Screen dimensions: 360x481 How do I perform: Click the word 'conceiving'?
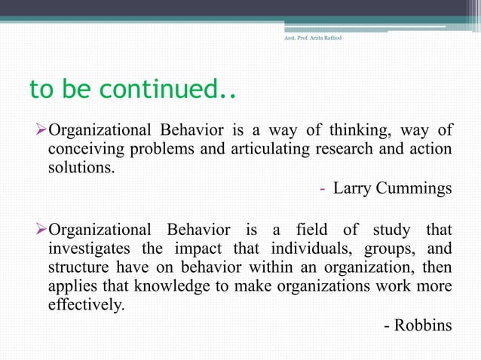tap(82, 150)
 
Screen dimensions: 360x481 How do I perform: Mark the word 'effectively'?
tap(85, 306)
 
